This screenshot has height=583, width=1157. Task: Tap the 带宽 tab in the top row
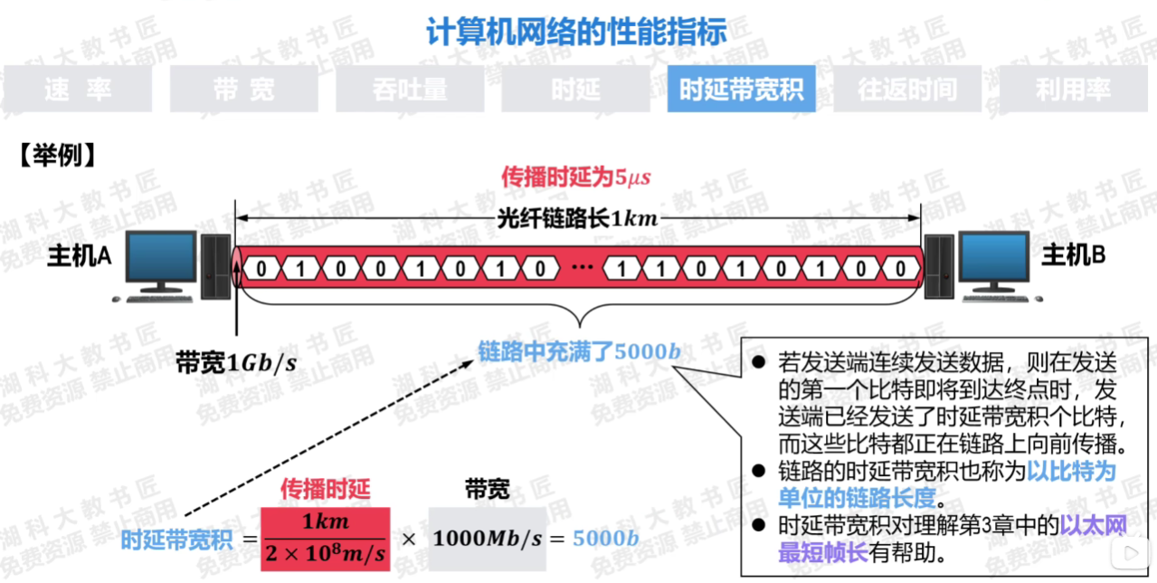243,89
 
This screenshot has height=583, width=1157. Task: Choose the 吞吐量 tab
410,89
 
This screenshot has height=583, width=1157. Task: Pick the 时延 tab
575,89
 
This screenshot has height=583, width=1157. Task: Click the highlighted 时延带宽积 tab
741,89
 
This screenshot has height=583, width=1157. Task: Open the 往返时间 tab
907,89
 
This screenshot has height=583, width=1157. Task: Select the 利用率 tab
1073,89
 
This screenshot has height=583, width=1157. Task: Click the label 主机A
80,256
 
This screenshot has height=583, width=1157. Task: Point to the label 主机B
1074,256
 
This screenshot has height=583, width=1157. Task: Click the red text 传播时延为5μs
576,177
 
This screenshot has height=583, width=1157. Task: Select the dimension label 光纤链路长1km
577,218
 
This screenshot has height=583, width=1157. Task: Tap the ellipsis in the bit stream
581,269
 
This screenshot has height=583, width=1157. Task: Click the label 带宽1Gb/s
237,363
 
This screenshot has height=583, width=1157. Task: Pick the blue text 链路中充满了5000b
579,349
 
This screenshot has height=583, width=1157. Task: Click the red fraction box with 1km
326,539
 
